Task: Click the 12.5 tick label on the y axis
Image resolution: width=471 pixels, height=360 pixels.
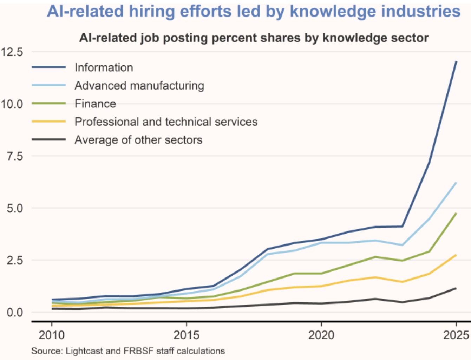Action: tap(12, 52)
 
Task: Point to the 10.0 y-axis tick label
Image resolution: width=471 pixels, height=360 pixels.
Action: tap(12, 104)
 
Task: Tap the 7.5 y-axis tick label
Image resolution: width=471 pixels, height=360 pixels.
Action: tap(15, 156)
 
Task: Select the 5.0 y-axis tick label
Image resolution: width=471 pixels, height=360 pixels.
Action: tap(15, 208)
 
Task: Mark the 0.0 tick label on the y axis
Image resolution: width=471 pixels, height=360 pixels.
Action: tap(15, 312)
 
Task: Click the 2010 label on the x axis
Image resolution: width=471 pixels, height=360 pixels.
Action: tap(52, 335)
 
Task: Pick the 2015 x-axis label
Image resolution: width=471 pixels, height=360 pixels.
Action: tap(186, 335)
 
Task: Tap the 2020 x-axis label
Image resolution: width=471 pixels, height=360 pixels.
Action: tap(321, 335)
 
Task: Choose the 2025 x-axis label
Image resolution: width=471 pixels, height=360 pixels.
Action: tap(456, 335)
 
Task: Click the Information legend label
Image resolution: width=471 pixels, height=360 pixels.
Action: tap(104, 67)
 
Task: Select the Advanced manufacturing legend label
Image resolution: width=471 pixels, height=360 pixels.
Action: tap(139, 86)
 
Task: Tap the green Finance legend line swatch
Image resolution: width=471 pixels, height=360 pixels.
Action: tap(49, 104)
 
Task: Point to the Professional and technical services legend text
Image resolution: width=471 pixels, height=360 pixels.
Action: tap(166, 122)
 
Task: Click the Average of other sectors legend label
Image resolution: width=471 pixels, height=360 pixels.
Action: tap(138, 140)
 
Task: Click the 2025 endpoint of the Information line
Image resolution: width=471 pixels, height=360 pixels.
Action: tap(456, 61)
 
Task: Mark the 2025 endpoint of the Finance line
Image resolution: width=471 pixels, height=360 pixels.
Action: tap(456, 213)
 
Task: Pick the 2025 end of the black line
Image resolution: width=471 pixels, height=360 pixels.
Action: tap(456, 288)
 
